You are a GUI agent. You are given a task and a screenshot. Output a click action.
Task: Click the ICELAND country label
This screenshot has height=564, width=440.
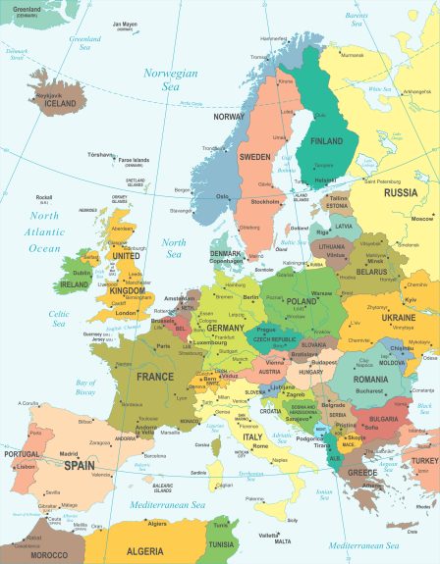59,103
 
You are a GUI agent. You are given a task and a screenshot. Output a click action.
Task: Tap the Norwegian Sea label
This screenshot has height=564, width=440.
170,79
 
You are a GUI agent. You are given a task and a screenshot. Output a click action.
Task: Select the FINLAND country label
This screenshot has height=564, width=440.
326,141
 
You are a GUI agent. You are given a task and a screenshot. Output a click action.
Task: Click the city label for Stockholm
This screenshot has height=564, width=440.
265,201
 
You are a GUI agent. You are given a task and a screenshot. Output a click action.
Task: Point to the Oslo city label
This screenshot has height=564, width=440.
222,196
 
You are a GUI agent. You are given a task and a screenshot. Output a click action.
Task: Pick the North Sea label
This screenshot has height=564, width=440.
174,247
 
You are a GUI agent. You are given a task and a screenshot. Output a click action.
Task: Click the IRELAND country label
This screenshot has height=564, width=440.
75,284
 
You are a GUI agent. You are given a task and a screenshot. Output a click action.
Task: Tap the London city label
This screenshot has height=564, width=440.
126,313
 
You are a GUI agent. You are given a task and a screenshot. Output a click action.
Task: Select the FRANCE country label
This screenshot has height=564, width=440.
155,377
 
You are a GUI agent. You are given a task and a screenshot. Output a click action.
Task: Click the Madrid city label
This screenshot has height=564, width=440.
68,454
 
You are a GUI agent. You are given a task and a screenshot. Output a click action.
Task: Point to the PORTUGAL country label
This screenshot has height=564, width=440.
22,454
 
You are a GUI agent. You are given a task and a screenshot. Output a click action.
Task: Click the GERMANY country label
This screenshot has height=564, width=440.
225,328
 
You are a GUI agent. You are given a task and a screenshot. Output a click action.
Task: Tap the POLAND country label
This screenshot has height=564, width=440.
302,302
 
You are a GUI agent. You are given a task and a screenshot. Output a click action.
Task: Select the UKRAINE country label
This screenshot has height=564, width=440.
398,318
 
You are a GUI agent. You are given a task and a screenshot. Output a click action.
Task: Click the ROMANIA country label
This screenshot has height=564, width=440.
370,379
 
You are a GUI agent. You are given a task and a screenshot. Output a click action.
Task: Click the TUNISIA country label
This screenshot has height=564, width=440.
220,544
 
